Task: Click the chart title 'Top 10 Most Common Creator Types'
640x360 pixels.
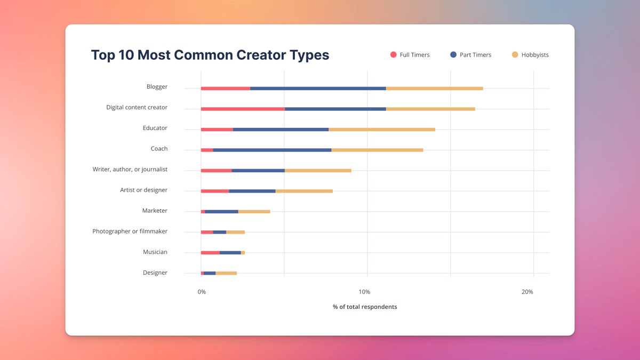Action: (x=210, y=55)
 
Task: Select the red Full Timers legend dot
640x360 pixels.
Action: (x=394, y=55)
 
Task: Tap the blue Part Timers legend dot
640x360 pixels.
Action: (x=453, y=55)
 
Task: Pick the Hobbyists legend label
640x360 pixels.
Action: (x=535, y=55)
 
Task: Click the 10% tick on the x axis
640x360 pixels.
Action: (x=364, y=292)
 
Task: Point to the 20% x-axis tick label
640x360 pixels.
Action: (x=527, y=292)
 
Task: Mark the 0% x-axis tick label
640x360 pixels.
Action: (x=202, y=292)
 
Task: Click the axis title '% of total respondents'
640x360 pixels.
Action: (x=365, y=307)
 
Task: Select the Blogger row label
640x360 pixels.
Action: (x=157, y=86)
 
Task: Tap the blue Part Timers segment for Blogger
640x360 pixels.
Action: (x=318, y=88)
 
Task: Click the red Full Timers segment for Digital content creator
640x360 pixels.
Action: (x=243, y=109)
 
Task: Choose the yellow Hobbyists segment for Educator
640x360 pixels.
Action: (x=382, y=130)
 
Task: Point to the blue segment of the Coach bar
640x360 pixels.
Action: (x=272, y=150)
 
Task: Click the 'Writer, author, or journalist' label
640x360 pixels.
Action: (x=130, y=169)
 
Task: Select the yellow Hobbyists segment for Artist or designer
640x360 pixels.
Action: (x=304, y=191)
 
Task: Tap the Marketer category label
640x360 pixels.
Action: (x=155, y=211)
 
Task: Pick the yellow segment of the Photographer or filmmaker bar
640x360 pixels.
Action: (x=235, y=232)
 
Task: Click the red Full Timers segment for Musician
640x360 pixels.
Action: (x=210, y=252)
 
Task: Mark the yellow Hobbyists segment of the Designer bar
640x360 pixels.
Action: (x=226, y=273)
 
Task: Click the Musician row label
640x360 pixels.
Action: (x=155, y=252)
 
